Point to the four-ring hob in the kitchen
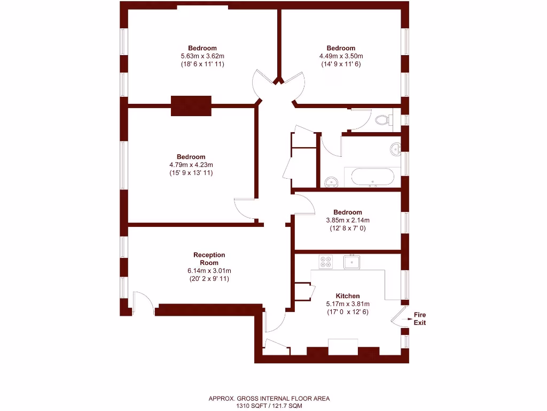325,262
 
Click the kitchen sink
351,262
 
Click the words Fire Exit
420,318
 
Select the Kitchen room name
347,296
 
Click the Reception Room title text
209,259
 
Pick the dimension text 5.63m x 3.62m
202,56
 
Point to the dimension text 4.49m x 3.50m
341,56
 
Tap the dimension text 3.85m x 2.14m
347,220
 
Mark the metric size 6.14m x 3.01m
209,271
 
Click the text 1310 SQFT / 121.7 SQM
269,406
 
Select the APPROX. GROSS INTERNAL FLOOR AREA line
269,398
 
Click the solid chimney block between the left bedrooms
191,105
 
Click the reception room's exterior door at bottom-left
143,303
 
